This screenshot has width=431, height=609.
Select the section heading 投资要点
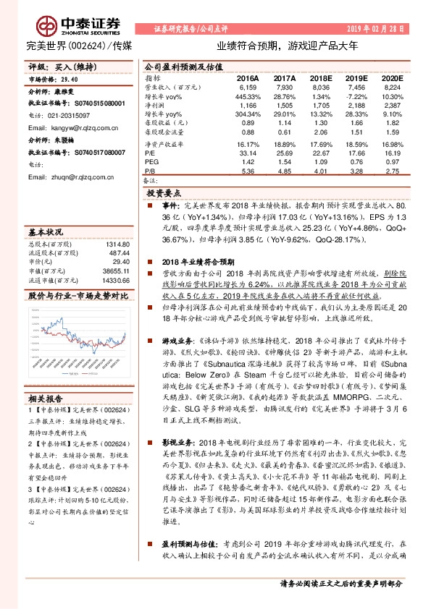point(166,195)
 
